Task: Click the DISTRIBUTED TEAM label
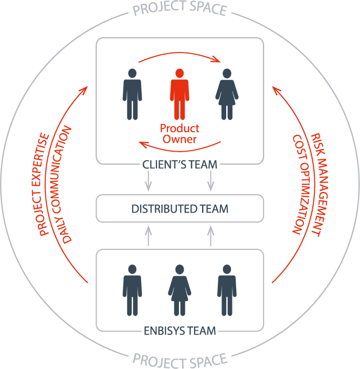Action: point(179,209)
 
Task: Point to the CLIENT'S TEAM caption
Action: point(179,164)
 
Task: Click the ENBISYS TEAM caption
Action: point(179,331)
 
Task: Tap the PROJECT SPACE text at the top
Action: point(179,9)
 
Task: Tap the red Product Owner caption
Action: point(179,134)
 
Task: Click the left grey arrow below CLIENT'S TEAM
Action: point(149,181)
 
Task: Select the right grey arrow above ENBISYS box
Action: point(210,236)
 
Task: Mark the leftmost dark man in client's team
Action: point(132,94)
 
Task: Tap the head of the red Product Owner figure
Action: point(179,72)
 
